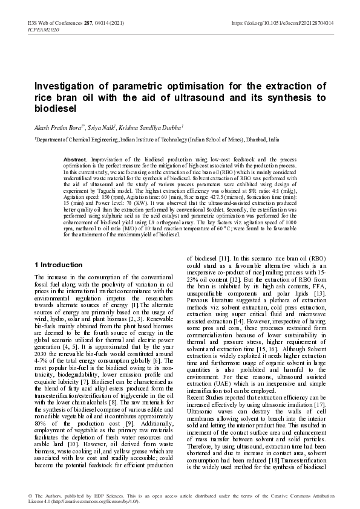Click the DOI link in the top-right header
pos(283,23)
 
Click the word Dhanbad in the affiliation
pos(239,138)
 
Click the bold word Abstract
pos(75,158)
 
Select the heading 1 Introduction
pos(59,265)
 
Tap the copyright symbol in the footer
pos(30,495)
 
